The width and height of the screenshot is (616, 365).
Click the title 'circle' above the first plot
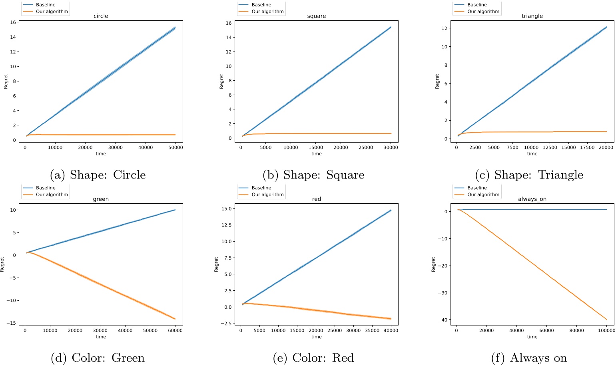pos(101,16)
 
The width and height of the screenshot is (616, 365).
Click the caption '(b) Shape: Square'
pos(313,175)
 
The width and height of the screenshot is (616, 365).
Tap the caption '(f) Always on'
pos(529,358)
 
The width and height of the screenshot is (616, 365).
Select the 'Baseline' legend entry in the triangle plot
pos(477,5)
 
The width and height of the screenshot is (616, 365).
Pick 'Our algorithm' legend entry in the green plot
pos(52,194)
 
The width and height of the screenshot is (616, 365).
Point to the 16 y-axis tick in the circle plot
pos(13,22)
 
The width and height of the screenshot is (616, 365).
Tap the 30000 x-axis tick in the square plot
pos(391,148)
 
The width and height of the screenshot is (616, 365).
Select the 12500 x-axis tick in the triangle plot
pos(550,148)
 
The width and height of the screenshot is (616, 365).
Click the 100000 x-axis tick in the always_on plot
pos(606,331)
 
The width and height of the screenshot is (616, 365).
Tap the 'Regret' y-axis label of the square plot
pos(221,81)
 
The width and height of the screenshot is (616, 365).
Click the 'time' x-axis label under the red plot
pos(316,337)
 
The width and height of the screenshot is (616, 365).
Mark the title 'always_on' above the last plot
pos(532,199)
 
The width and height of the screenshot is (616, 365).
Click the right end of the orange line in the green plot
pos(175,319)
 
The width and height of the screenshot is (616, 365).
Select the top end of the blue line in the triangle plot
pos(606,27)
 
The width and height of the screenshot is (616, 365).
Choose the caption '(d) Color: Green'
pos(98,358)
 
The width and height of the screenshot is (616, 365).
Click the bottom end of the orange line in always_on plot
pos(606,319)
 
